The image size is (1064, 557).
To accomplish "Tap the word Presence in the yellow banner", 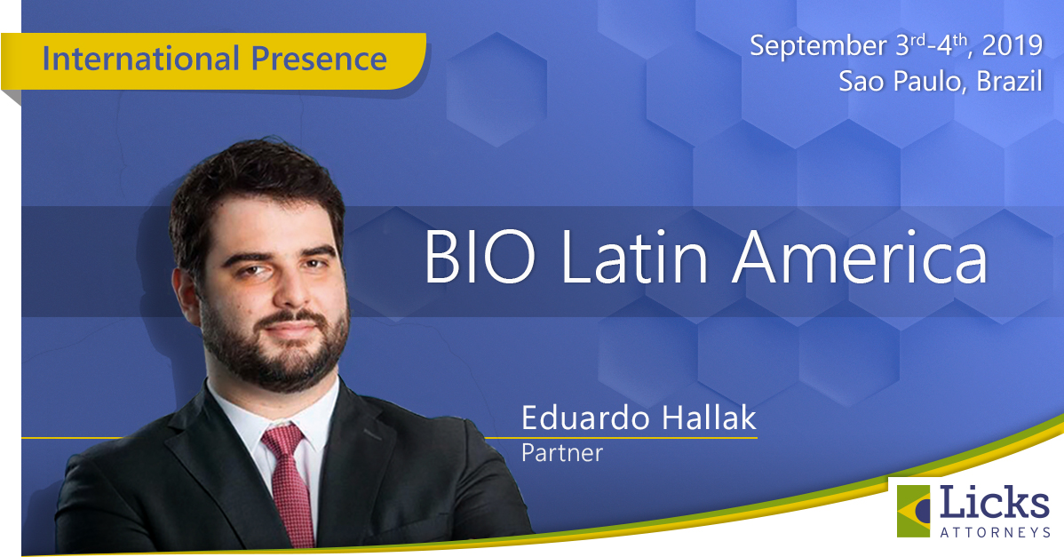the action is tap(320, 59).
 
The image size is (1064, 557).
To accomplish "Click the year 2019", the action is tap(1012, 45).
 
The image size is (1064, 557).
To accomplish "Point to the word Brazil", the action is tap(1009, 82).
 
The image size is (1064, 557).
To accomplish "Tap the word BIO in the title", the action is tap(480, 259).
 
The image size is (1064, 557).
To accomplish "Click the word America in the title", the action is tap(860, 258).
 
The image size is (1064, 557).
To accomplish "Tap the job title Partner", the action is tap(562, 452).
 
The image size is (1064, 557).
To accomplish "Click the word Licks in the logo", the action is tap(994, 504).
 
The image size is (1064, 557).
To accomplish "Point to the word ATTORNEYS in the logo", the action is tap(996, 533).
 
